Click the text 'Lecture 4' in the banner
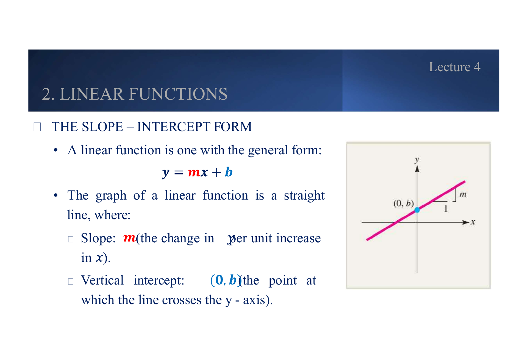[454, 67]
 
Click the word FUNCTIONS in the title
[178, 94]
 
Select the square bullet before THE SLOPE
[37, 127]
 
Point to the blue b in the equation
[229, 172]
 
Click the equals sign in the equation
[178, 172]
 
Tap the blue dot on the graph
[417, 210]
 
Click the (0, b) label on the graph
[403, 203]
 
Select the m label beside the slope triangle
[463, 195]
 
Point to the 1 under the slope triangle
[446, 208]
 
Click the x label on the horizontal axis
[473, 222]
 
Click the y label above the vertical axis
[417, 160]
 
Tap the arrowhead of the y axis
[417, 169]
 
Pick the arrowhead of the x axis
[466, 222]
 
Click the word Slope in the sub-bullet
[98, 238]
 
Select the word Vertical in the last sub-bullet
[102, 280]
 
